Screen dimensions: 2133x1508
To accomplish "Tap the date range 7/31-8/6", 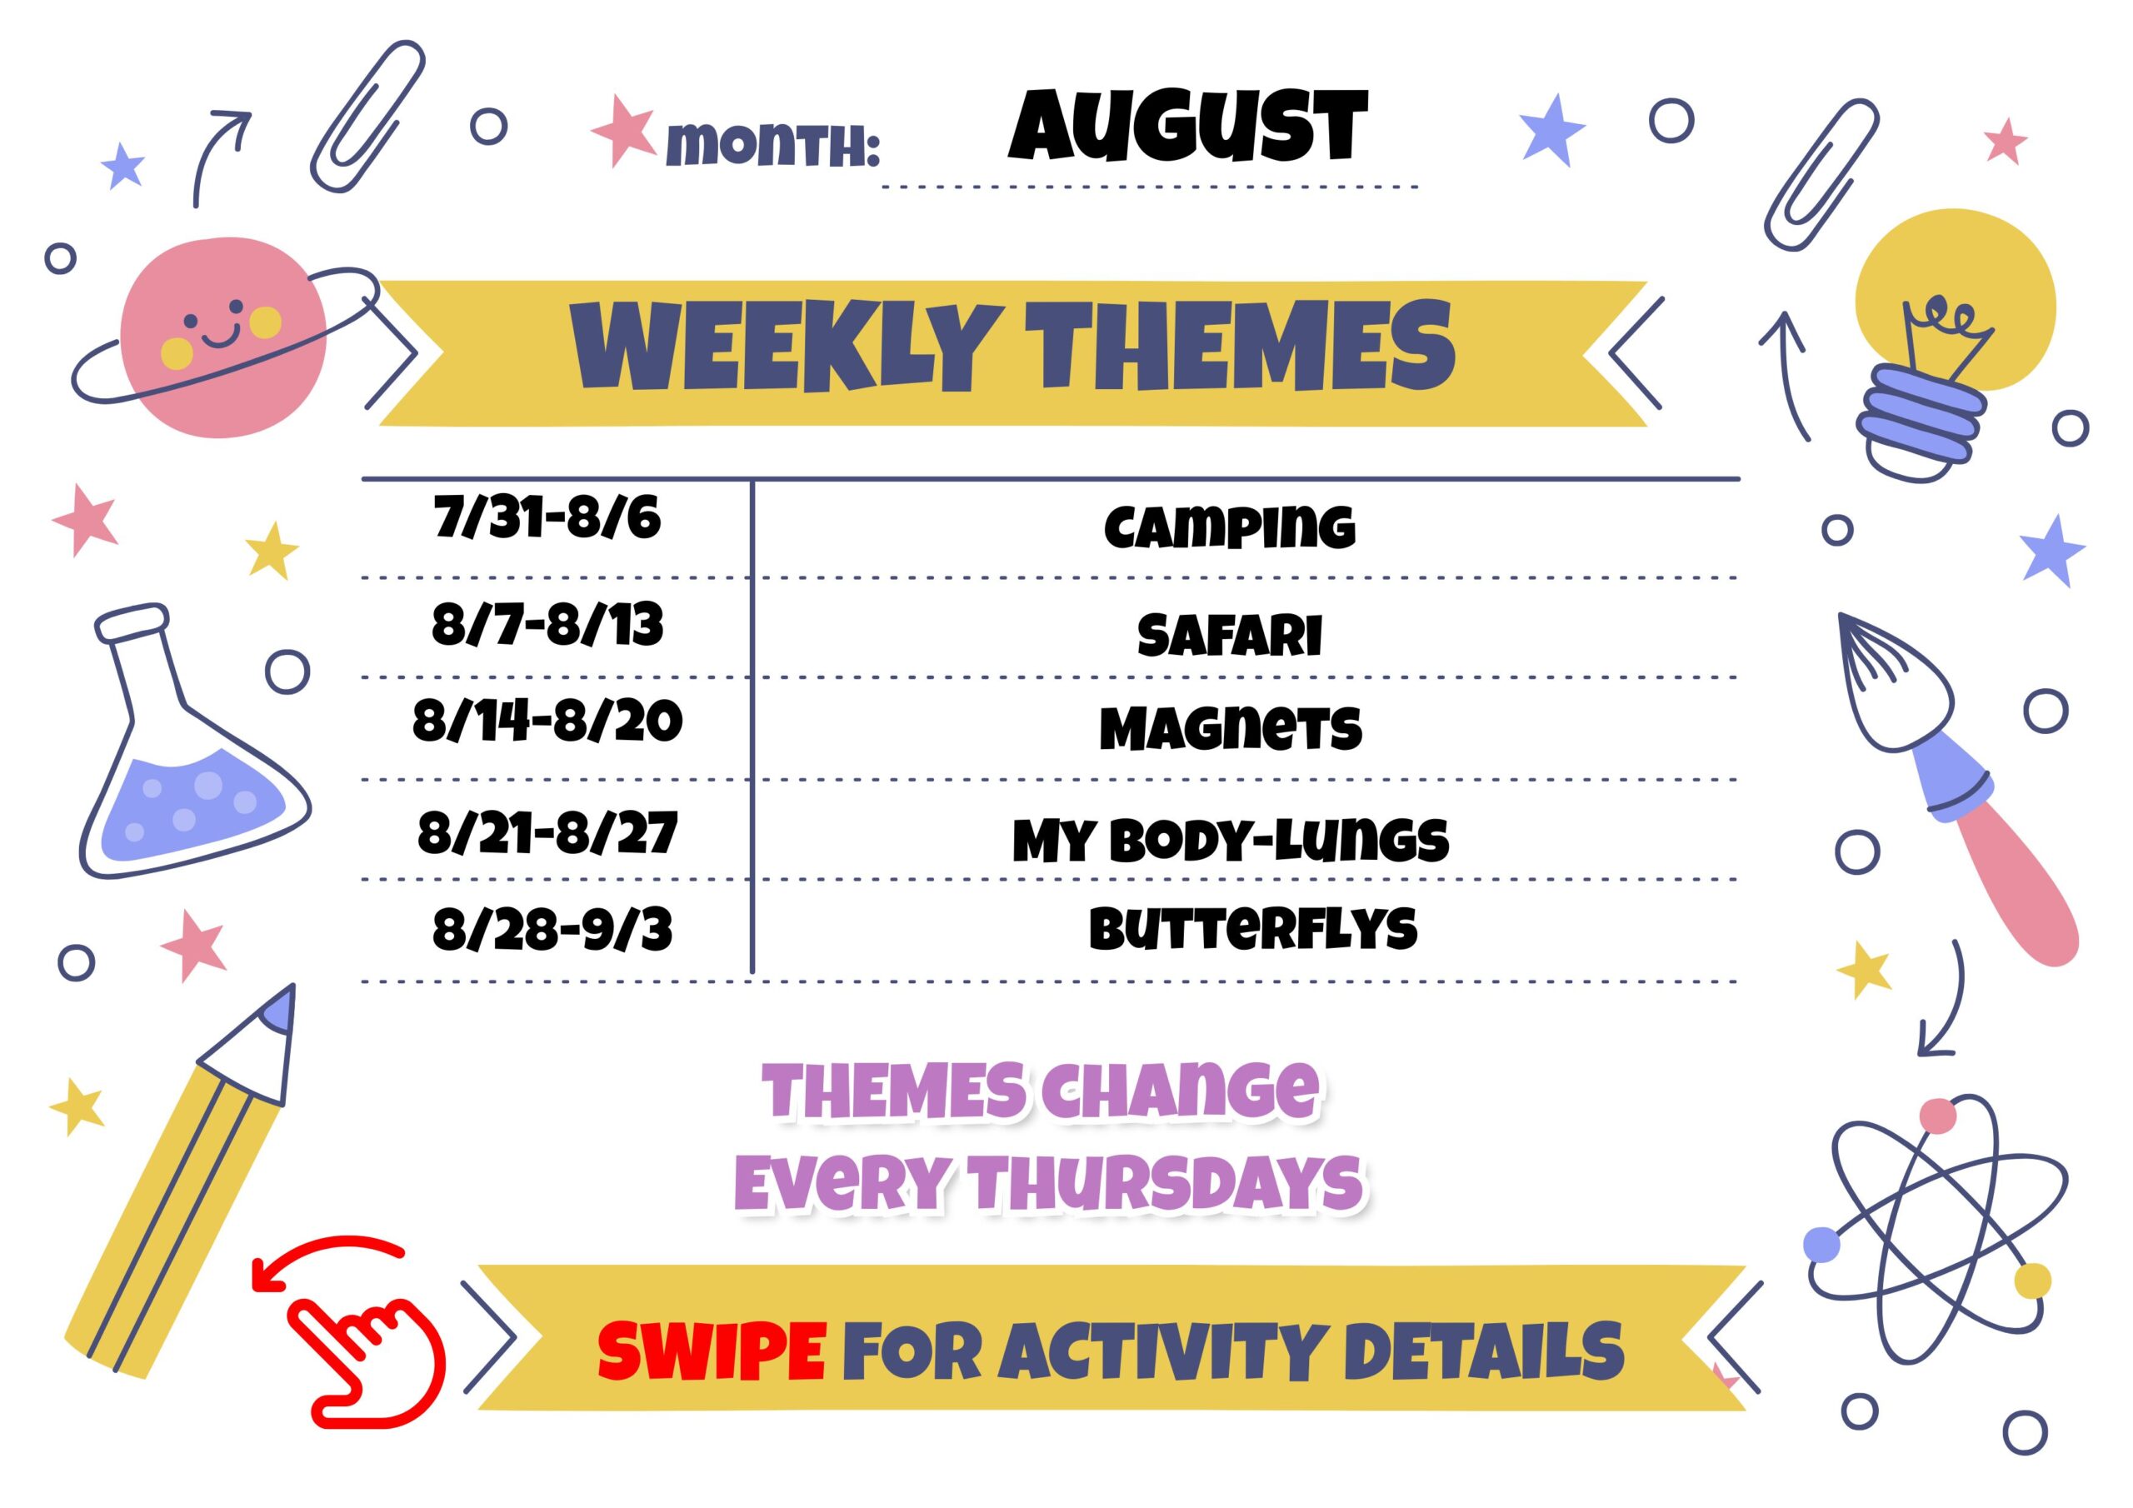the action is pyautogui.click(x=547, y=517).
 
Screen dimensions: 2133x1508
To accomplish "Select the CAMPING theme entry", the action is pyautogui.click(x=1229, y=527).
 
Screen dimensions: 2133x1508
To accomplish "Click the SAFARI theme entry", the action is pyautogui.click(x=1229, y=635).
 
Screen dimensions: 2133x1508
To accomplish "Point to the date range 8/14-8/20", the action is pyautogui.click(x=547, y=722).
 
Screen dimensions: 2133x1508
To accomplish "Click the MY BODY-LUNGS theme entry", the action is pyautogui.click(x=1230, y=839).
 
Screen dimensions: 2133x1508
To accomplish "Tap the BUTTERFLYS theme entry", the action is pyautogui.click(x=1253, y=928).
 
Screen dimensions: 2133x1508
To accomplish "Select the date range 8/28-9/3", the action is pyautogui.click(x=552, y=928).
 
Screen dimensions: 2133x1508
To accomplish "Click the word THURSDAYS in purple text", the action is pyautogui.click(x=1166, y=1182).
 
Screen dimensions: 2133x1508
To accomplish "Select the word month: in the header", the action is pyautogui.click(x=773, y=145).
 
